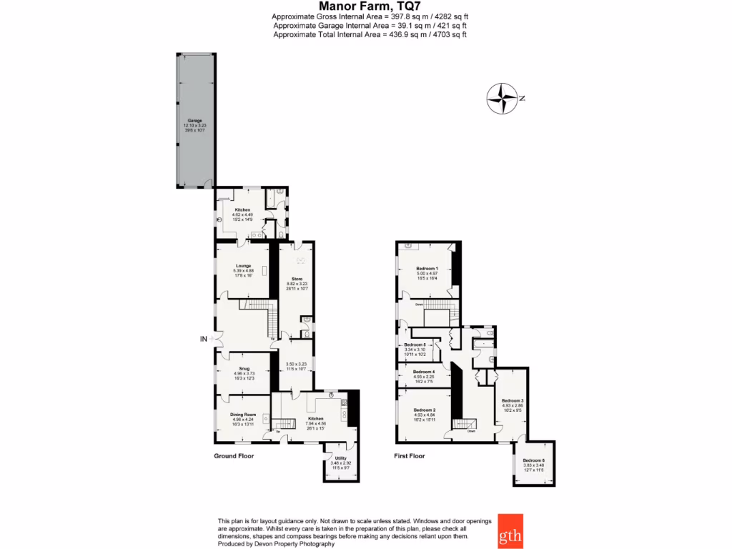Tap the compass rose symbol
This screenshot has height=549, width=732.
[x=503, y=99]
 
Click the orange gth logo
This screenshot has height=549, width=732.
[x=510, y=531]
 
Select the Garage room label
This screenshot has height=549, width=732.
[x=194, y=121]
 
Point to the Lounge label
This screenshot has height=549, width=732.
[x=242, y=266]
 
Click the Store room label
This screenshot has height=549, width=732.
[x=297, y=279]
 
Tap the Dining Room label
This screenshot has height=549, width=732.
[x=243, y=415]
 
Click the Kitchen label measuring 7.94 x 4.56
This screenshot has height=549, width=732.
[x=316, y=419]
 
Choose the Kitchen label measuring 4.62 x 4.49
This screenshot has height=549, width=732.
[x=242, y=209]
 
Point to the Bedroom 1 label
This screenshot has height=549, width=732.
[x=427, y=267]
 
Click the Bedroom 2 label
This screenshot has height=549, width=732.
[x=424, y=410]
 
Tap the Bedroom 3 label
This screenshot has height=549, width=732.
[x=513, y=400]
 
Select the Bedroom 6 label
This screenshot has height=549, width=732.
[x=534, y=460]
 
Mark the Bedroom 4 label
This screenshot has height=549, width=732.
[x=424, y=372]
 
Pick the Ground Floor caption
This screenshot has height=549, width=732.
[x=234, y=455]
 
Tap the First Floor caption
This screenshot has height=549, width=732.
[x=410, y=455]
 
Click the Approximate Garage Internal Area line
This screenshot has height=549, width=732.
[x=370, y=25]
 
